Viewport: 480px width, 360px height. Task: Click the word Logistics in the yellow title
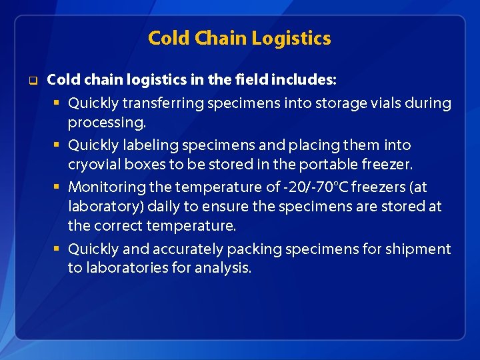click(x=294, y=39)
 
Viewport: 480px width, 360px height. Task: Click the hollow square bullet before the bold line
click(x=31, y=81)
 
